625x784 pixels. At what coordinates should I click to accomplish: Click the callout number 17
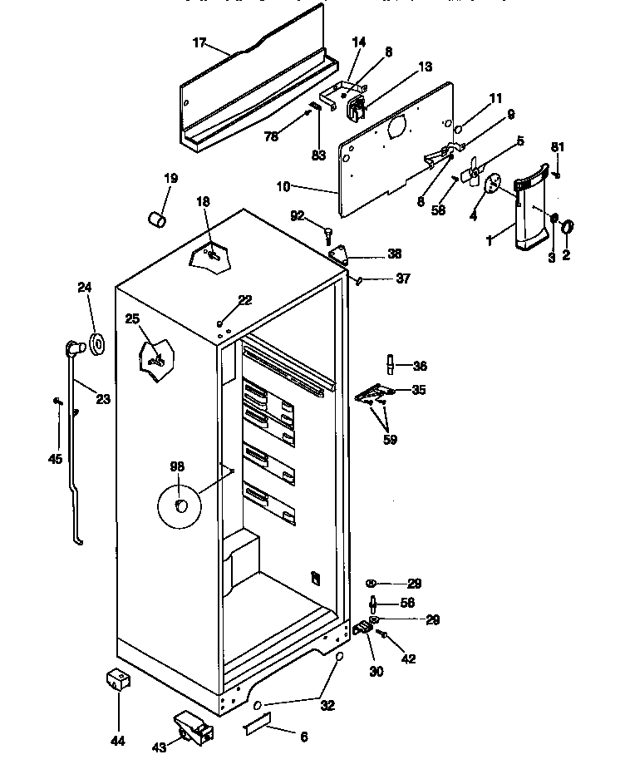pyautogui.click(x=199, y=43)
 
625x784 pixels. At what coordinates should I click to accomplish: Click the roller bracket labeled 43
pyautogui.click(x=194, y=729)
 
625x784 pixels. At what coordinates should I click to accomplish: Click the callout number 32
pyautogui.click(x=327, y=705)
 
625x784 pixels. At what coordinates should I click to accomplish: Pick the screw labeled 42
pyautogui.click(x=386, y=636)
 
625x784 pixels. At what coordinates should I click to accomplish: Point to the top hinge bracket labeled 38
pyautogui.click(x=340, y=254)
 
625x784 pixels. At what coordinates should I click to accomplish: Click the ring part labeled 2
pyautogui.click(x=568, y=226)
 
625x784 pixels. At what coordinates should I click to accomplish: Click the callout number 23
pyautogui.click(x=102, y=399)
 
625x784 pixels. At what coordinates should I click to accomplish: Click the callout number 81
pyautogui.click(x=558, y=147)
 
